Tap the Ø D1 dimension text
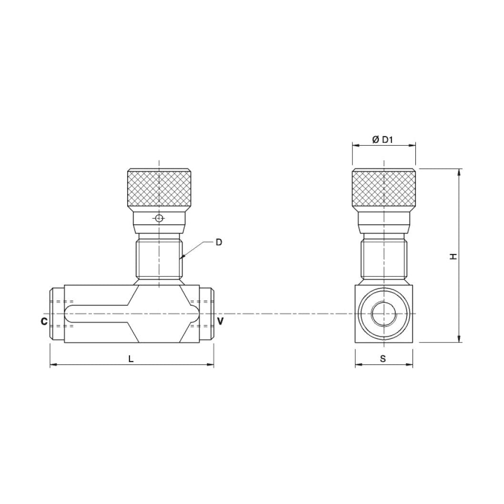[383, 140]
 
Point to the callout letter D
[219, 242]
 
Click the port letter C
[43, 322]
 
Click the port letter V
[220, 322]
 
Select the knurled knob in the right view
[383, 190]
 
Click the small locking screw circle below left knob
[159, 219]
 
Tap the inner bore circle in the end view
[383, 314]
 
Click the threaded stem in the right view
[383, 260]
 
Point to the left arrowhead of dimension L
[53, 365]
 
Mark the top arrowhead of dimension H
[459, 172]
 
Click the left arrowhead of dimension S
[358, 365]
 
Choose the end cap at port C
[57, 314]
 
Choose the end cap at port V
[207, 314]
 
